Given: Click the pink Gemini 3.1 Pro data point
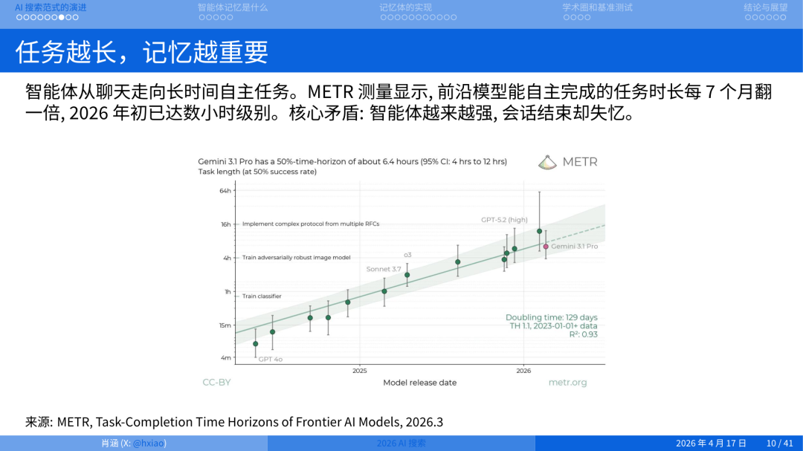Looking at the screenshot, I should click(x=546, y=246).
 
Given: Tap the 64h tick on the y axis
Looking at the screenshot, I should click(x=225, y=191).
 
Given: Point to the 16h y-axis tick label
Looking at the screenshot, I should click(x=225, y=224).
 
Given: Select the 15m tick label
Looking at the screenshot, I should click(x=225, y=325).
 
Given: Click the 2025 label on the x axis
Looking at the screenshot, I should click(x=360, y=370).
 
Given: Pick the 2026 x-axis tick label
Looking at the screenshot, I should click(x=523, y=370).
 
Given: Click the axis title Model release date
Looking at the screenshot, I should click(x=419, y=383).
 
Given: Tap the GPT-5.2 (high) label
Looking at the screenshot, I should click(x=504, y=220).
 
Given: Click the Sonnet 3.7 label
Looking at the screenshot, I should click(x=384, y=269).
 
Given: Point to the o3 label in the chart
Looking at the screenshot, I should click(x=407, y=255).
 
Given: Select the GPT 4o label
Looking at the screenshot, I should click(x=270, y=360).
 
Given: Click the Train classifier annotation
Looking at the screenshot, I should click(x=262, y=296).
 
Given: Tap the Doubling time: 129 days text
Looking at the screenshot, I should click(x=551, y=317).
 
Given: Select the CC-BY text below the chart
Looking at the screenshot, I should click(x=216, y=383).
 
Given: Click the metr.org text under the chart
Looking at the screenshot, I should click(x=567, y=383).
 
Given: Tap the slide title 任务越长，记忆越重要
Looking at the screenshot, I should click(x=142, y=52).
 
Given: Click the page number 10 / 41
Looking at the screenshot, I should click(x=779, y=444).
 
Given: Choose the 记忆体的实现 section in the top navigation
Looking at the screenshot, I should click(x=405, y=7).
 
